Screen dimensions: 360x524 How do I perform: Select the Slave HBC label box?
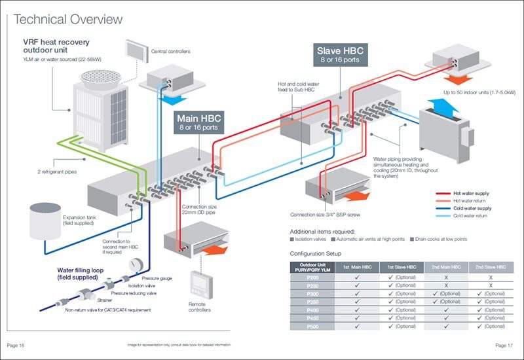340,54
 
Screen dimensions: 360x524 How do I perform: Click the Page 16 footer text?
16,344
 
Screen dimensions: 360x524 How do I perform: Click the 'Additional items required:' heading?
322,231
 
